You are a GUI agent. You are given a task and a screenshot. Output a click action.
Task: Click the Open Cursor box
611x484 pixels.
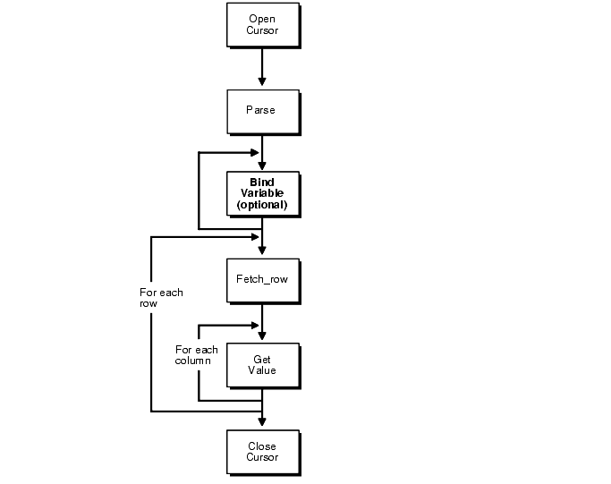(x=262, y=25)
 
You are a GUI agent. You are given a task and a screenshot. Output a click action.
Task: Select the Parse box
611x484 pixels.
(x=262, y=110)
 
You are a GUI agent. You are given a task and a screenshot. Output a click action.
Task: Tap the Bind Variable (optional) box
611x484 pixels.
(x=262, y=193)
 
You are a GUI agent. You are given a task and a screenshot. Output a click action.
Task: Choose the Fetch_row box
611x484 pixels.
(x=262, y=279)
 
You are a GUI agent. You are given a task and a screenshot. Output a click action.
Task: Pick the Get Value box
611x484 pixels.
(x=262, y=364)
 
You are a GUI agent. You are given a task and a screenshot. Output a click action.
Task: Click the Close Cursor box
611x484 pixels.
(x=262, y=451)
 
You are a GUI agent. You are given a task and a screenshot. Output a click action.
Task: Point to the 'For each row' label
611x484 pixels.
(x=161, y=298)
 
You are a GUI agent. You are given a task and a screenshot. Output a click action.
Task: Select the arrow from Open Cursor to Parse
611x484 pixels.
(x=262, y=67)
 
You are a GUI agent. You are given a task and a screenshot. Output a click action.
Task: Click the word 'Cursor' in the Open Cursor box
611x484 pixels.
(x=262, y=31)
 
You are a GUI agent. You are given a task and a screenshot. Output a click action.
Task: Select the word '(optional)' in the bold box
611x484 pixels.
(x=262, y=205)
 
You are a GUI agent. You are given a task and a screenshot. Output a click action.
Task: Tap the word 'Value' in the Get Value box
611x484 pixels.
(x=262, y=370)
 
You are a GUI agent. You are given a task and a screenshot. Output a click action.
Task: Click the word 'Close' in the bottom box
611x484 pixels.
(x=262, y=446)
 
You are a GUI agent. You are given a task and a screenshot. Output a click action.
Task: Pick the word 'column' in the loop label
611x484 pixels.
(x=192, y=361)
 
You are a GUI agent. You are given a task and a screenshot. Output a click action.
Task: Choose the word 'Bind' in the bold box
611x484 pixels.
(x=262, y=182)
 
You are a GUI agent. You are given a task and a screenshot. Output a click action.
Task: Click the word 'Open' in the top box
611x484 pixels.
(x=262, y=20)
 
